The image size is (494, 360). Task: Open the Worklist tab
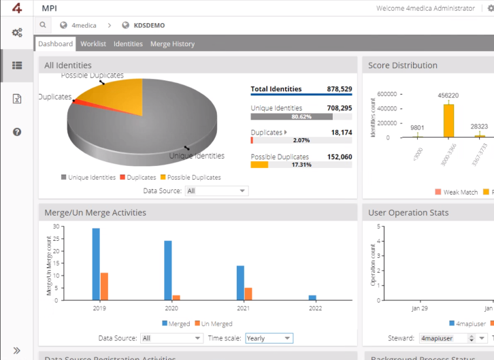tap(93, 44)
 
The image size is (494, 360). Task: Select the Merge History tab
tap(172, 44)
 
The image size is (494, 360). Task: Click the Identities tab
tap(128, 44)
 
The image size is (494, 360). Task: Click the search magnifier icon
tap(42, 25)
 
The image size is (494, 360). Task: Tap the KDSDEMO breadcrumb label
tap(149, 26)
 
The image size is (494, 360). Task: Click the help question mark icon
tap(17, 131)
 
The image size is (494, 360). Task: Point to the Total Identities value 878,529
tap(339, 89)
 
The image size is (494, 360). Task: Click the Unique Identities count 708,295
tap(339, 108)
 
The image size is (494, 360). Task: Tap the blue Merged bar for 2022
tap(312, 297)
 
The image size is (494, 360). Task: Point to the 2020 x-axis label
tap(172, 308)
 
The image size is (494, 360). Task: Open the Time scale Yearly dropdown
tap(269, 338)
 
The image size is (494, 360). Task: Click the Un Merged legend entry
tap(213, 324)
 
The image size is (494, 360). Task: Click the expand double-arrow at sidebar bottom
tap(17, 350)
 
